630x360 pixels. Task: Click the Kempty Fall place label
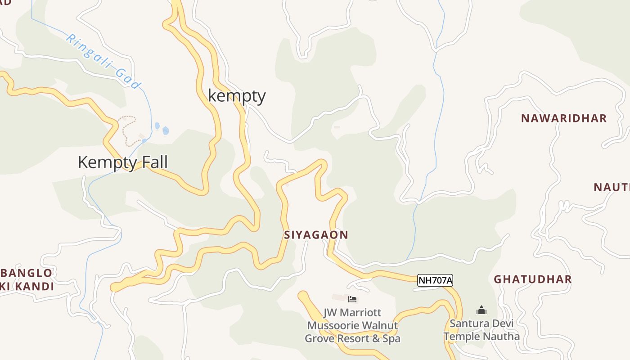[x=122, y=162]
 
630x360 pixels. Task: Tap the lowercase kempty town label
[x=237, y=96]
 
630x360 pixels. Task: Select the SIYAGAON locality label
[x=316, y=235]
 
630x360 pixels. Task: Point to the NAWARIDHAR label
[x=564, y=118]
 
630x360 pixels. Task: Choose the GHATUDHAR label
[x=533, y=279]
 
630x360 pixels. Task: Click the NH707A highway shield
[x=435, y=280]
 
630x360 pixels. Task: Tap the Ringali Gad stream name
[x=103, y=61]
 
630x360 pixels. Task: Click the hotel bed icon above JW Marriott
[x=352, y=299]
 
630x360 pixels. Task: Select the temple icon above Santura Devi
[x=481, y=310]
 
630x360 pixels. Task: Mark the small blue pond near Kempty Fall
[x=165, y=130]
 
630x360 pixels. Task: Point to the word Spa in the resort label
[x=391, y=338]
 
